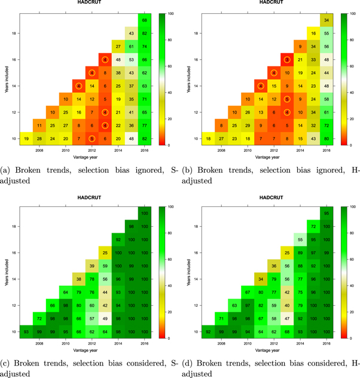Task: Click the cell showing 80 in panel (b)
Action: [326, 138]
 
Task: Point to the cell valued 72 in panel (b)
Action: [326, 125]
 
